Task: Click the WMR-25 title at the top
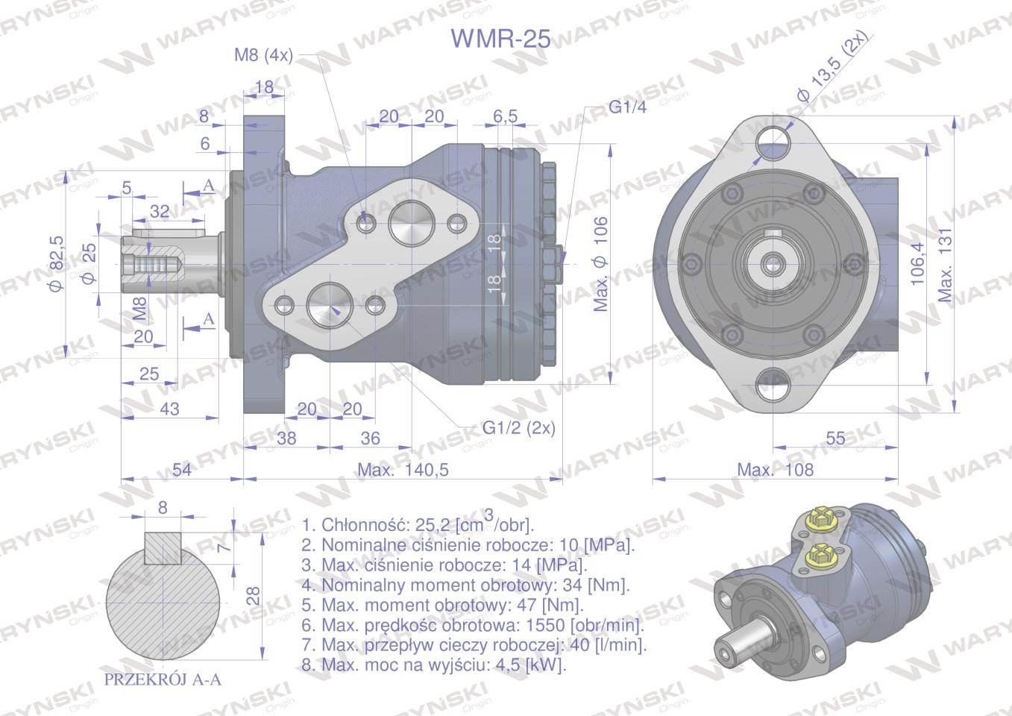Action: click(501, 38)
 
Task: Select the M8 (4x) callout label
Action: click(264, 54)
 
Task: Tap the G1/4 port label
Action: click(627, 107)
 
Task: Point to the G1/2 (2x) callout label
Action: click(518, 428)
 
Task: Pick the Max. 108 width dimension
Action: click(775, 469)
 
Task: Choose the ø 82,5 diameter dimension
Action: click(57, 263)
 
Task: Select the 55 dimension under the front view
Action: click(836, 438)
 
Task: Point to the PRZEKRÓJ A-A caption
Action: click(162, 679)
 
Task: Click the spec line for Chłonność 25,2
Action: click(418, 524)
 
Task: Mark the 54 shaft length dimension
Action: click(181, 469)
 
